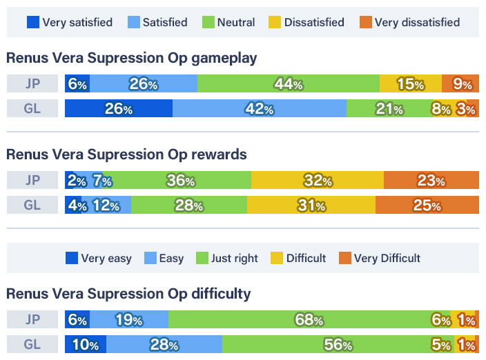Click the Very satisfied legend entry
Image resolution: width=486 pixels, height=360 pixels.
point(69,22)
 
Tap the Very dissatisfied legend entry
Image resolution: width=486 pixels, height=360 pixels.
point(409,22)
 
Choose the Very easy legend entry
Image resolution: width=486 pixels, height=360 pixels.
point(99,258)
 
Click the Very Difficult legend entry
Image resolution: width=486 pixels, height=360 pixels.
point(379,258)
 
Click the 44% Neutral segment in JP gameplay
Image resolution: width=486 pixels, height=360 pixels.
point(288,83)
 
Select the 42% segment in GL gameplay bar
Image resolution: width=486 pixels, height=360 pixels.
point(259,109)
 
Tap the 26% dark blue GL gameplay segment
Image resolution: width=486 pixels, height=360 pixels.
point(118,109)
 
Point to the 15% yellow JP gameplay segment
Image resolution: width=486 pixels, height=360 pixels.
point(410,83)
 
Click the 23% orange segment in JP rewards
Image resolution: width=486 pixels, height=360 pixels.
point(431,180)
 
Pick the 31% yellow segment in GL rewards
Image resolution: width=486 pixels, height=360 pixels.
point(311,205)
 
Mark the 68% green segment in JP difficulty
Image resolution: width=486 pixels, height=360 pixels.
point(309,319)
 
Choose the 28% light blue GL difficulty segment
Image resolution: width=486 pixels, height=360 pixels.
point(164,344)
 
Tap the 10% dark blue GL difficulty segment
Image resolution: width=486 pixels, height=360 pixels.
point(85,344)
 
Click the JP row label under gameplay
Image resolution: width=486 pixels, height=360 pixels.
point(32,83)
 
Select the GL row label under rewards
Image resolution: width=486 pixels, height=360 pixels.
point(32,205)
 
